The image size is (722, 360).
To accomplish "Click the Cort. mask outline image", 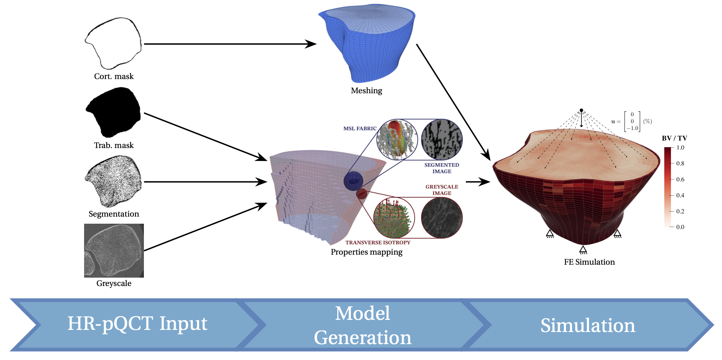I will (113, 43).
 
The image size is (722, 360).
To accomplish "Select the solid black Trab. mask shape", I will (113, 112).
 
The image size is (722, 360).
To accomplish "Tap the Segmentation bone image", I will (114, 181).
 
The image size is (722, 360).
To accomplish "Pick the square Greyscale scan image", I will (114, 250).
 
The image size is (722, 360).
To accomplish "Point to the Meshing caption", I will (366, 91).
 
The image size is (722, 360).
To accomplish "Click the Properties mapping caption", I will (366, 252).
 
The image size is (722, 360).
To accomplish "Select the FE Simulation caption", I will (589, 262).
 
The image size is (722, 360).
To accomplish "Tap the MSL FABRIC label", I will (360, 129).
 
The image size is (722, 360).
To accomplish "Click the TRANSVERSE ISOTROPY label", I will (378, 243).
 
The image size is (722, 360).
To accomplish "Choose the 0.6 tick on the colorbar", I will (680, 179).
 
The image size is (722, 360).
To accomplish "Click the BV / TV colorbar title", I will (674, 138).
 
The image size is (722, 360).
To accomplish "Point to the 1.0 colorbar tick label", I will (680, 148).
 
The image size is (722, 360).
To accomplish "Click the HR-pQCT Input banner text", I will (137, 324).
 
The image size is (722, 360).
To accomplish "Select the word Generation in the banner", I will (363, 337).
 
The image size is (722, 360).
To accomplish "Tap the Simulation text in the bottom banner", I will (588, 325).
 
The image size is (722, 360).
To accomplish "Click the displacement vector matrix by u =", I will (632, 121).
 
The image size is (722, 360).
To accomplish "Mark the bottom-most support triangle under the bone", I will (583, 250).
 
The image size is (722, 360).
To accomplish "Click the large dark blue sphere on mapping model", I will (353, 181).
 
